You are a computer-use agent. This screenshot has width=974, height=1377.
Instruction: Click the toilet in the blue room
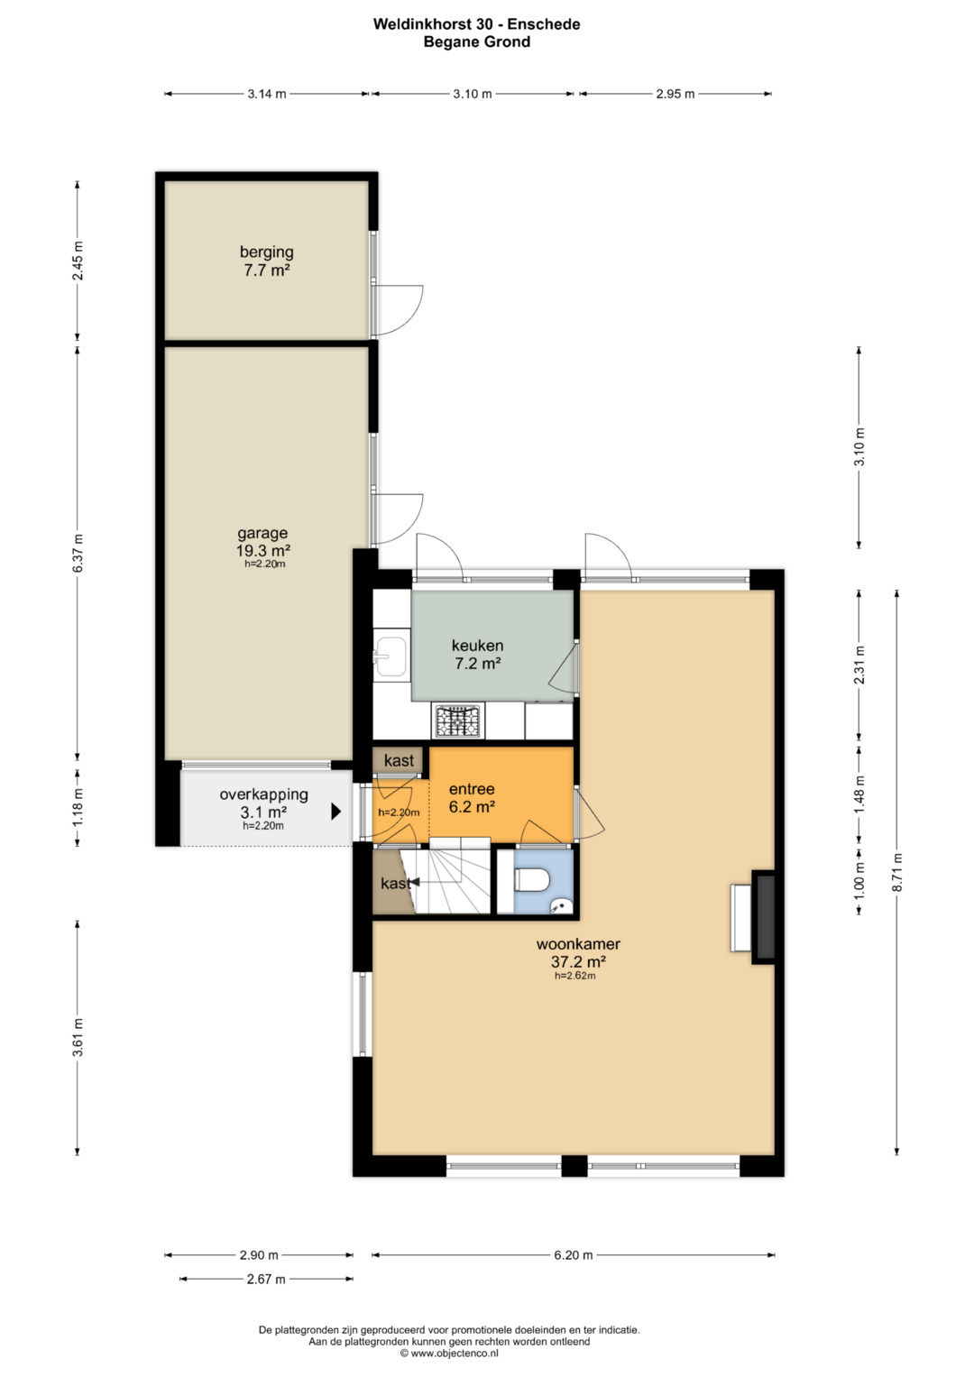pos(530,880)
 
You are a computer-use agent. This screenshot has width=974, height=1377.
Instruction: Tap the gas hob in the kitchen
pos(458,721)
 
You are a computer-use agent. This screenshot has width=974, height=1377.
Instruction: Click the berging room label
pos(266,252)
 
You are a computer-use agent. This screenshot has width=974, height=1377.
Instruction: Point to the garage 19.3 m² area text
pos(263,549)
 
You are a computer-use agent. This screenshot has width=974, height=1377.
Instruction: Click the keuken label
pos(477,646)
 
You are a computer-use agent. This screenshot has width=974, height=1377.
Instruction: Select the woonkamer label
pos(578,943)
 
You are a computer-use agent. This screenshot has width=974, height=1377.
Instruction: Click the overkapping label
pos(263,794)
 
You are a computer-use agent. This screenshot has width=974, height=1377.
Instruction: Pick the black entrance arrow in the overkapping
pos(335,812)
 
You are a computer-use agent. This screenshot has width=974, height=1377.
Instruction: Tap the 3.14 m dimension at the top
pos(267,94)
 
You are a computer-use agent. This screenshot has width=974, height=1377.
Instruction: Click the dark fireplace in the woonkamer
pos(765,916)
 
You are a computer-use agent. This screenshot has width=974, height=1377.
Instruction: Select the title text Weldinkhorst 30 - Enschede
pos(476,24)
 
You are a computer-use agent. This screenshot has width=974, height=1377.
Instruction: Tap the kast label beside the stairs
pos(395,884)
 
